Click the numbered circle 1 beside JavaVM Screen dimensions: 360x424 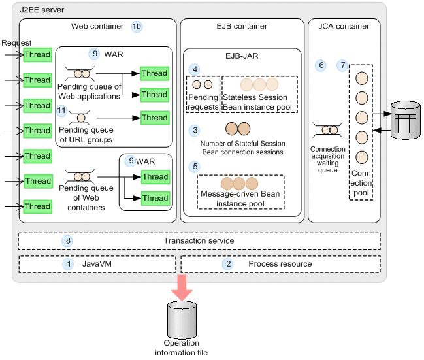(x=68, y=264)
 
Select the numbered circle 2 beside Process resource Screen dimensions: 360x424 (x=228, y=264)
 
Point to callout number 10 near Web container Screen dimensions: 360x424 (x=137, y=27)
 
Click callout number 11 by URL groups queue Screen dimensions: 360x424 (x=63, y=110)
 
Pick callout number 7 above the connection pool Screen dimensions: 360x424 (x=342, y=66)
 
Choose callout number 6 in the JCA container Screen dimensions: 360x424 (x=320, y=66)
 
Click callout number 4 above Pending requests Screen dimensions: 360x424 (x=194, y=69)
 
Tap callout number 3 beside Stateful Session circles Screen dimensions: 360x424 (x=194, y=130)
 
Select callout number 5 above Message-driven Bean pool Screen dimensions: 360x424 (x=194, y=167)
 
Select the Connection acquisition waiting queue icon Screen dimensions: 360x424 (x=328, y=130)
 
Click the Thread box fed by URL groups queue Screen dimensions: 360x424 (x=154, y=118)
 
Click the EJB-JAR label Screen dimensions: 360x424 (x=241, y=56)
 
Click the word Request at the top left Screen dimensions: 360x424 (x=16, y=43)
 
